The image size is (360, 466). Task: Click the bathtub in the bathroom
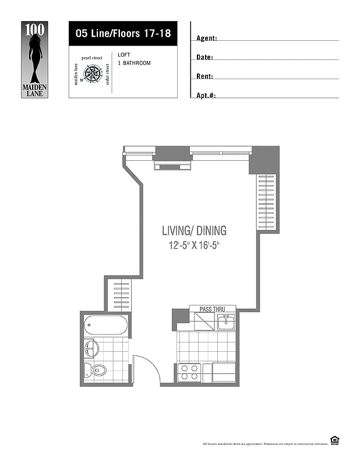(x=105, y=325)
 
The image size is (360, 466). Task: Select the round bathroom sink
(x=91, y=349)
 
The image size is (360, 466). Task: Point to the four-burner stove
(x=189, y=372)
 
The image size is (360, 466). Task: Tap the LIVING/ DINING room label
(x=194, y=231)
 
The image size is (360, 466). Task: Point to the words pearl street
(x=92, y=58)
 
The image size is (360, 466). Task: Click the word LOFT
(x=123, y=55)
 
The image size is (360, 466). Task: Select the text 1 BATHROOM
(x=134, y=63)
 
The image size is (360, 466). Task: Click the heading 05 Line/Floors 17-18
(x=123, y=33)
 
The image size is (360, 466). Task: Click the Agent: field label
(x=207, y=38)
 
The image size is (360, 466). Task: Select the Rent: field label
(x=205, y=76)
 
